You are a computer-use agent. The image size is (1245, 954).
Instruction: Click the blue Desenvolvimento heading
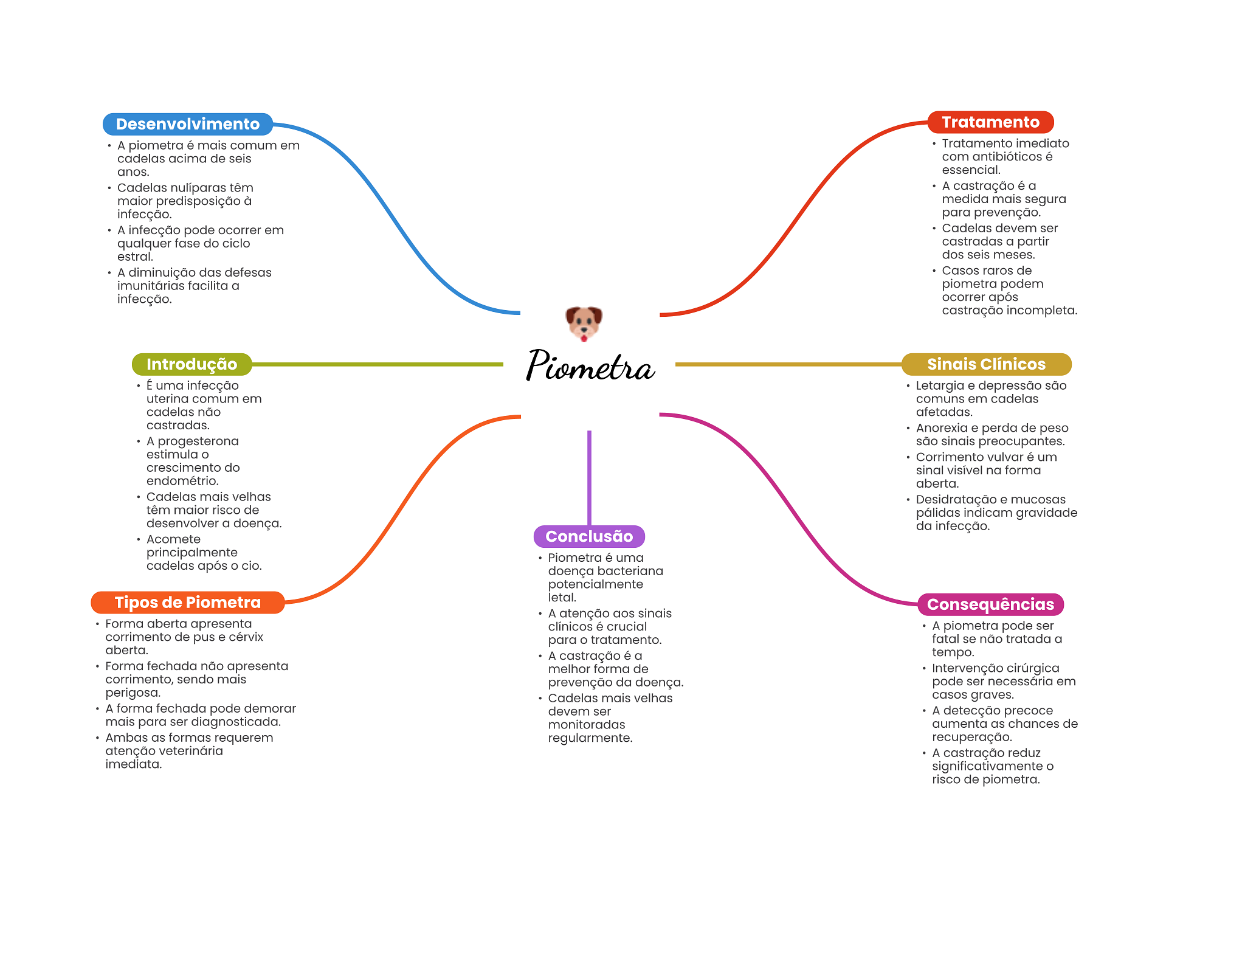[188, 124]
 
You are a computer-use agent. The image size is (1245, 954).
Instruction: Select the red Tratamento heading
[990, 122]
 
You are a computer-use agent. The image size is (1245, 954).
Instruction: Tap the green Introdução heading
[191, 364]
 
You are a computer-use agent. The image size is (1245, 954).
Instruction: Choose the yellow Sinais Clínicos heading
[986, 364]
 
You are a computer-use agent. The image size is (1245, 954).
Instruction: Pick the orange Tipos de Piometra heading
[188, 603]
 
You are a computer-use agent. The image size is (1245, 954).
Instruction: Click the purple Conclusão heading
[589, 536]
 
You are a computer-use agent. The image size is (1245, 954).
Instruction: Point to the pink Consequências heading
[990, 604]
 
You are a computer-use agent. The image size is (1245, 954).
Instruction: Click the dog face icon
[584, 323]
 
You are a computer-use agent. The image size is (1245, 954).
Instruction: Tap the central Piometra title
[590, 365]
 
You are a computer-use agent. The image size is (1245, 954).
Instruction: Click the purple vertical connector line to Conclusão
[589, 478]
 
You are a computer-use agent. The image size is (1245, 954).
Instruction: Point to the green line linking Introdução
[378, 364]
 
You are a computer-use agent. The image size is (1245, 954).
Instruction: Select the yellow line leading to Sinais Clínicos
[788, 364]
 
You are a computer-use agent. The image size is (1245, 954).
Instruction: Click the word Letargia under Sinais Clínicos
[940, 386]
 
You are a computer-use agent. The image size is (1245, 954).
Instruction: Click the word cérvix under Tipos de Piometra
[246, 637]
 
